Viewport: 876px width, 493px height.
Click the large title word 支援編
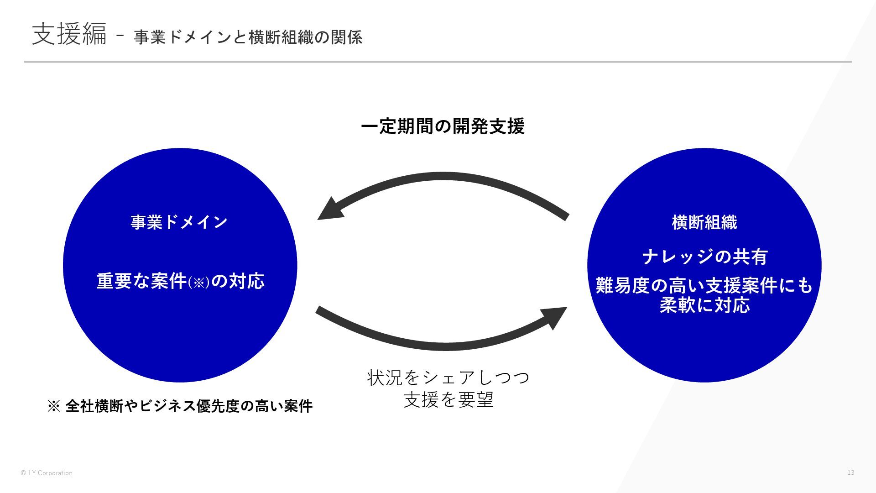69,34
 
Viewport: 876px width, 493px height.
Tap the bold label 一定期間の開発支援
443,126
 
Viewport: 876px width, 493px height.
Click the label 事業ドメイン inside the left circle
179,222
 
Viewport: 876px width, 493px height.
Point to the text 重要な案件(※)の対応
180,281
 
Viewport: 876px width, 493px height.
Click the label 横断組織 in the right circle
704,222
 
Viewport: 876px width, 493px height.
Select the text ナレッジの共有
704,257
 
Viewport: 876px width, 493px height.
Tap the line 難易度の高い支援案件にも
704,286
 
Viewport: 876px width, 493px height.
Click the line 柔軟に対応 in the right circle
704,305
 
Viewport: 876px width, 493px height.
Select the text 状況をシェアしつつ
448,378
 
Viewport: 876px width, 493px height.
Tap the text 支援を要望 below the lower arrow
448,400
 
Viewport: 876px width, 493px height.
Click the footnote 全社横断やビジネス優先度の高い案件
189,406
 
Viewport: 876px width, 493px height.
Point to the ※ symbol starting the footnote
53,406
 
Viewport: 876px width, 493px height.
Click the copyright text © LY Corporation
47,473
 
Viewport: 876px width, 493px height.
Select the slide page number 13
850,472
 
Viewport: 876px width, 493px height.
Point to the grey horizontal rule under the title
438,62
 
